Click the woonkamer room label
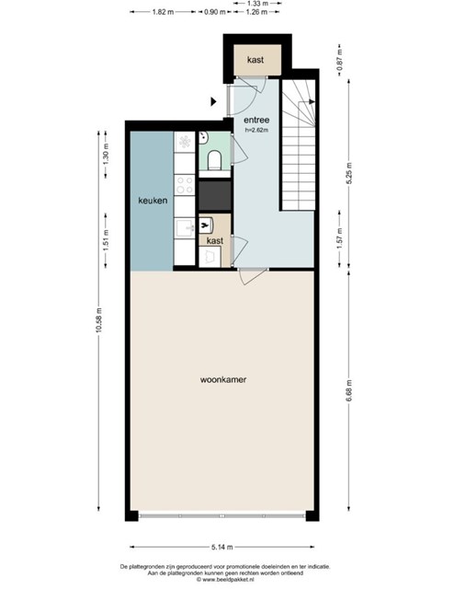pyautogui.click(x=223, y=379)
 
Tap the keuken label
pyautogui.click(x=153, y=201)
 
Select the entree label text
pyautogui.click(x=256, y=120)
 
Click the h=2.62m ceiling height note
pyautogui.click(x=256, y=131)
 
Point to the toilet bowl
pyautogui.click(x=215, y=159)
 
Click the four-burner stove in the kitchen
pyautogui.click(x=185, y=185)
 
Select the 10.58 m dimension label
pyautogui.click(x=98, y=320)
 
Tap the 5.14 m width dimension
pyautogui.click(x=221, y=547)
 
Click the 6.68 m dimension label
pyautogui.click(x=349, y=390)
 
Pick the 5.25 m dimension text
pyautogui.click(x=349, y=174)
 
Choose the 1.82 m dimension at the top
pyautogui.click(x=163, y=12)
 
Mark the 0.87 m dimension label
pyautogui.click(x=339, y=60)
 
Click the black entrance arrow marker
pyautogui.click(x=213, y=101)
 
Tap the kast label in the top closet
pyautogui.click(x=255, y=59)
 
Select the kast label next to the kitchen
pyautogui.click(x=215, y=240)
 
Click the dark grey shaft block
pyautogui.click(x=215, y=195)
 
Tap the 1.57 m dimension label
pyautogui.click(x=339, y=238)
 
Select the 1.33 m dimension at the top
pyautogui.click(x=257, y=4)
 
